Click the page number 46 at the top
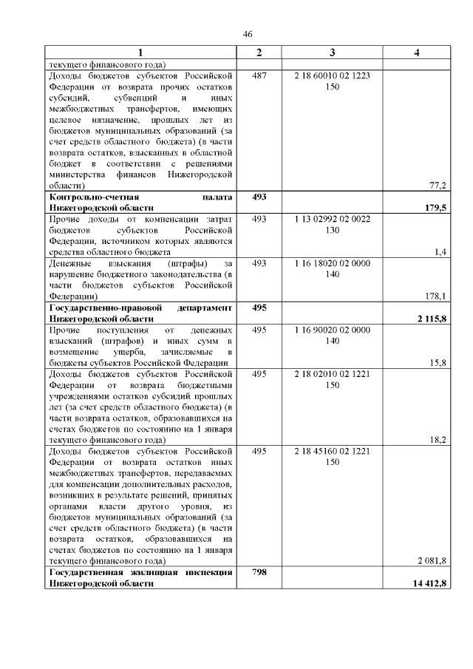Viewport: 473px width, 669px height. point(248,34)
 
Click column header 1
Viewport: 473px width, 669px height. point(141,52)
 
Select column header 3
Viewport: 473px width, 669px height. point(332,52)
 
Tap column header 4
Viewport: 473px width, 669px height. point(418,52)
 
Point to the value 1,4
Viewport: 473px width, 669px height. point(441,252)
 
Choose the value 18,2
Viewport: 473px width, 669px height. point(438,438)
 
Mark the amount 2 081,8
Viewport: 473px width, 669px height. point(432,560)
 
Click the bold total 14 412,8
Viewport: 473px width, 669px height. point(429,584)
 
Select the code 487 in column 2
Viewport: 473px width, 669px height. point(259,75)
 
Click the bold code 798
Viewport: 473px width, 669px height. point(259,572)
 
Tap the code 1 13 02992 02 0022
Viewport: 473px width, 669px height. point(332,220)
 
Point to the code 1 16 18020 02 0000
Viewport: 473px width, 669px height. point(332,263)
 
